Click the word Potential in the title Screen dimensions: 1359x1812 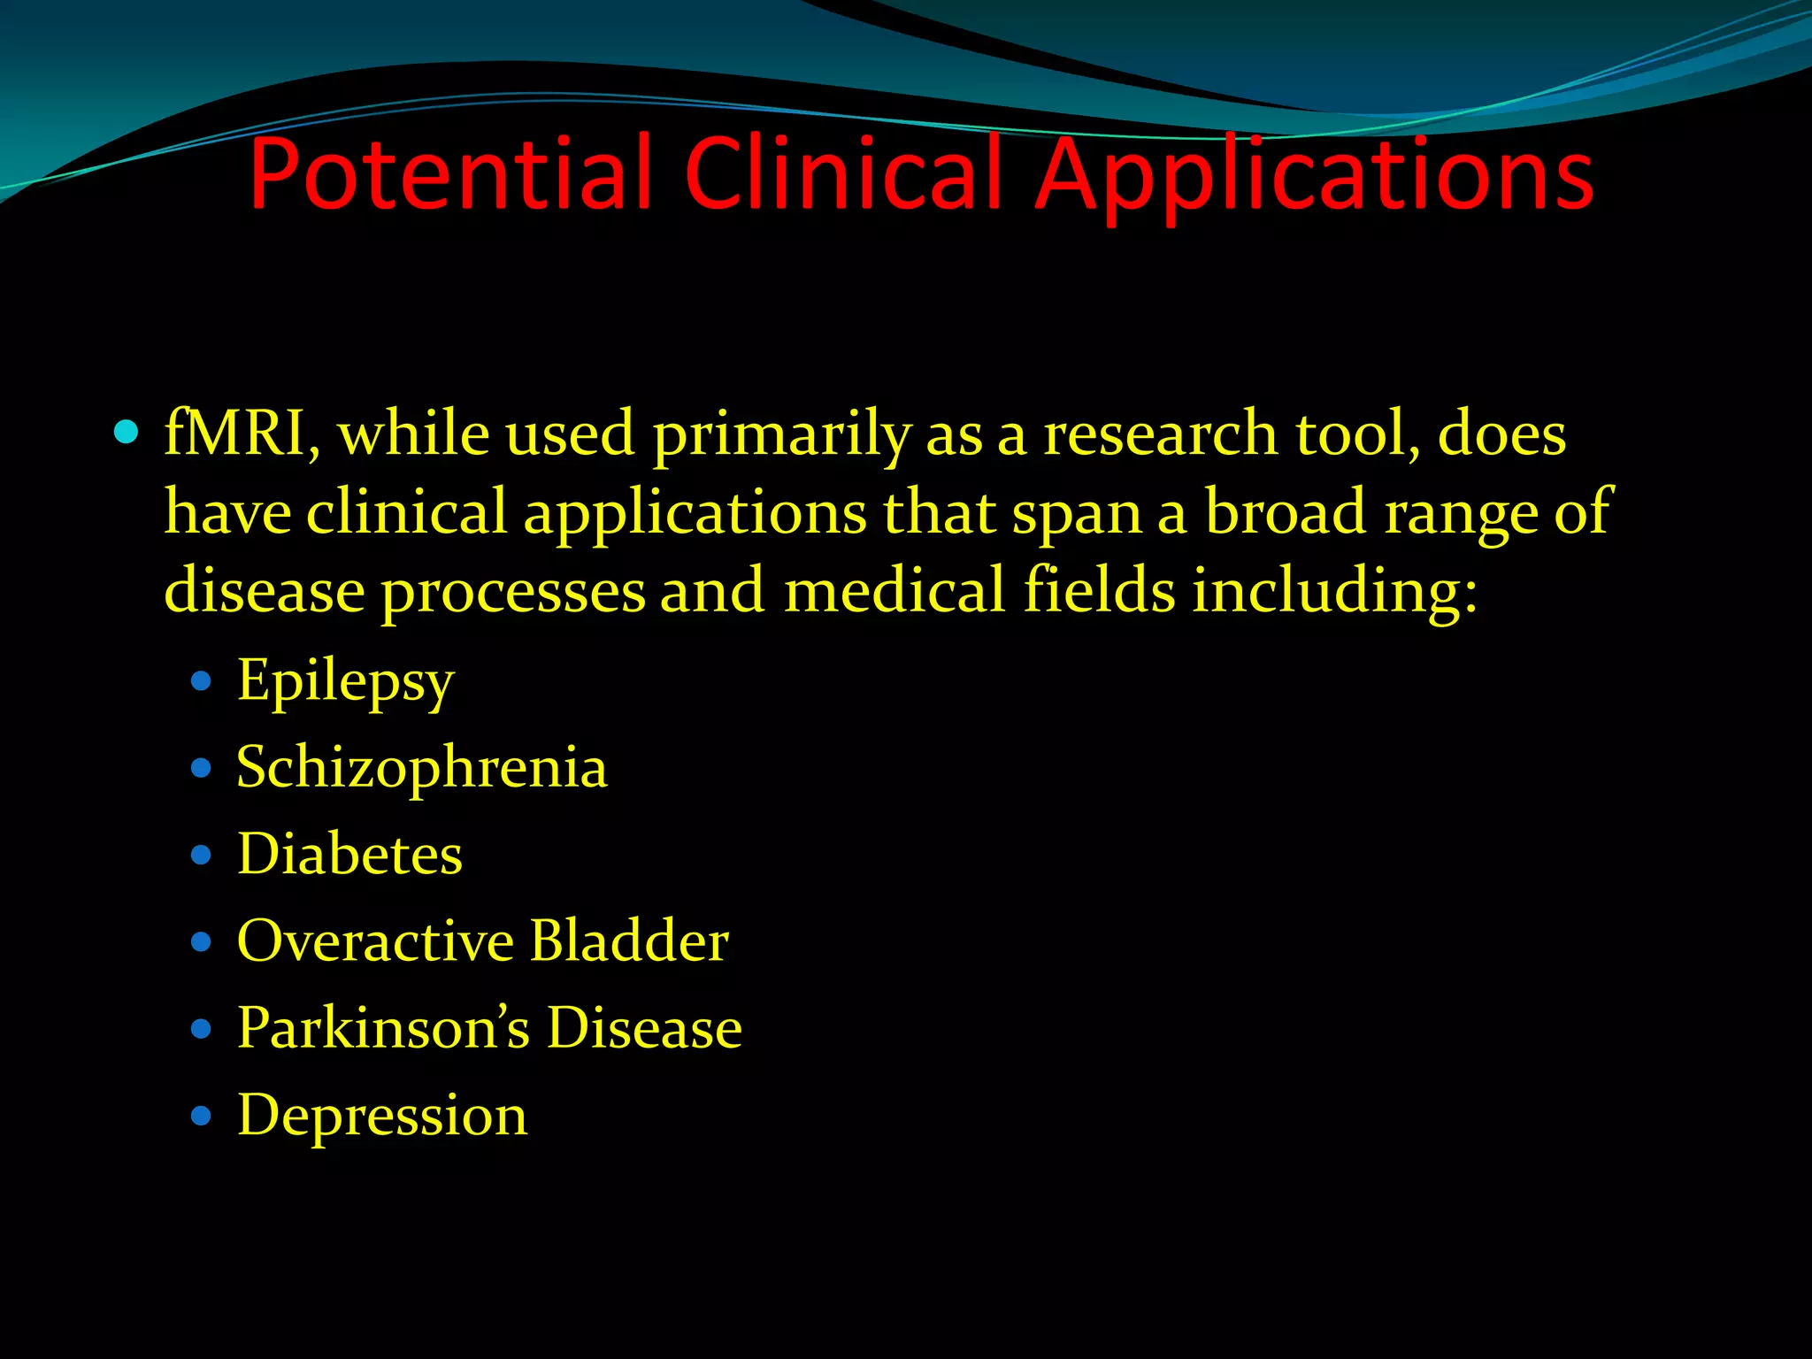pos(449,174)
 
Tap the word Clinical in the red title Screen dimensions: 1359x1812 pos(842,174)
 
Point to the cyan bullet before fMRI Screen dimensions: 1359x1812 pos(127,433)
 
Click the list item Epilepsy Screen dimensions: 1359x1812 pos(345,682)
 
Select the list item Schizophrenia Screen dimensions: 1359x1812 pos(422,767)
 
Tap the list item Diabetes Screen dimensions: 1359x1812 pos(349,854)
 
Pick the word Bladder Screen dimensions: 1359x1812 pos(630,941)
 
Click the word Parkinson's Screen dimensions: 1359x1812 pos(383,1028)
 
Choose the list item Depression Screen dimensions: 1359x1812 pos(382,1115)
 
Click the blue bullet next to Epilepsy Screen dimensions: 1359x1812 pos(202,681)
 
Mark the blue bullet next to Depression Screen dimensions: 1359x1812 pos(202,1116)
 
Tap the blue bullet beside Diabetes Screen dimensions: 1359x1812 pos(202,855)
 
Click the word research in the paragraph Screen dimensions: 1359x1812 pos(1160,434)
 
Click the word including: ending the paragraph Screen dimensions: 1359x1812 pos(1335,591)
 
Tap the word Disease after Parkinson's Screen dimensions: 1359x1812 pos(644,1028)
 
